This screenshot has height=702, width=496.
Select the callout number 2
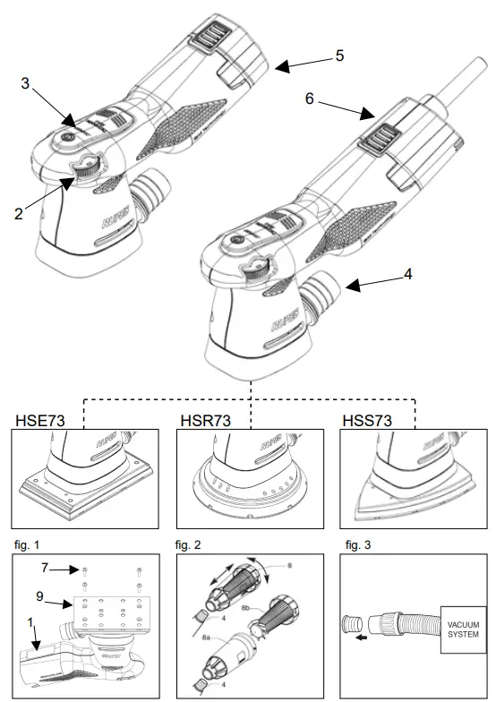[20, 215]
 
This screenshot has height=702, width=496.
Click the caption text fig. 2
[193, 543]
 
